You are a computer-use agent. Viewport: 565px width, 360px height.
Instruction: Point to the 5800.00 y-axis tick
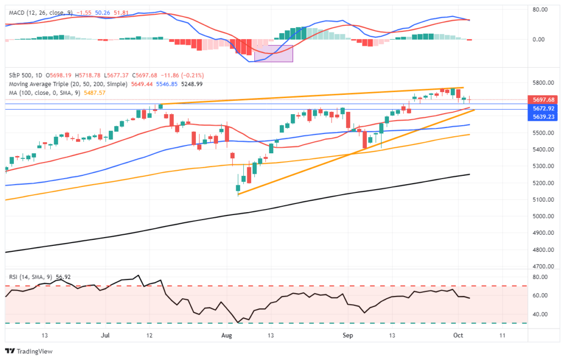tap(543, 83)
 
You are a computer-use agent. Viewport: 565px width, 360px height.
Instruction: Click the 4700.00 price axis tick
tap(543, 266)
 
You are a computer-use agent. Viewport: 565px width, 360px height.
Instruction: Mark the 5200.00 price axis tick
tap(543, 183)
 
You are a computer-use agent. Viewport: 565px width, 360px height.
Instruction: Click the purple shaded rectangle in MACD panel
tap(273, 53)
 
